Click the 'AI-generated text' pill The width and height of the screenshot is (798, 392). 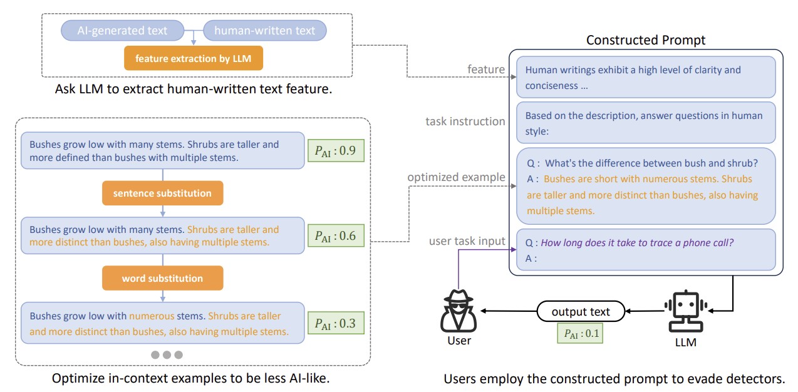click(123, 30)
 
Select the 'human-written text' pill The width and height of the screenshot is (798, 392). click(264, 30)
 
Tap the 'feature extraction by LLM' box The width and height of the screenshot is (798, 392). click(193, 59)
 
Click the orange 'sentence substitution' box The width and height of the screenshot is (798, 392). click(162, 193)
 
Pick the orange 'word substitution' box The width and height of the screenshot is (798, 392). click(162, 278)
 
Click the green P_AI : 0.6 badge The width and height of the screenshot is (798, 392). click(335, 236)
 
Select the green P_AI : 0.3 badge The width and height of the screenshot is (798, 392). click(335, 323)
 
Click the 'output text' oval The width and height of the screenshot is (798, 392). click(581, 311)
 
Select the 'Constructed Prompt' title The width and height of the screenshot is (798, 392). click(645, 40)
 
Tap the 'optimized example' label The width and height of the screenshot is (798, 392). click(456, 177)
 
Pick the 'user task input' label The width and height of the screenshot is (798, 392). click(467, 241)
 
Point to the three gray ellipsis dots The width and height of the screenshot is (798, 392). click(167, 354)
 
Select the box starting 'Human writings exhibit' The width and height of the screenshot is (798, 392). click(646, 78)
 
